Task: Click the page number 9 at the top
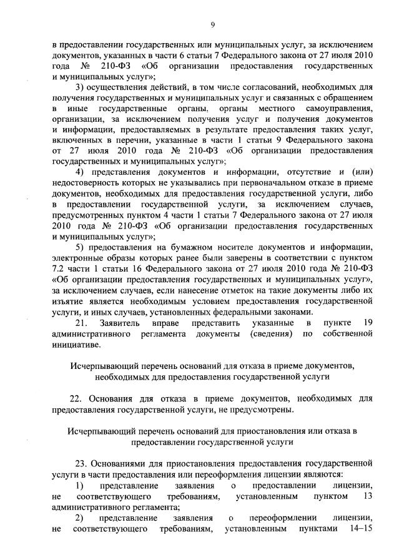point(212,24)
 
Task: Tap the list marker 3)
point(80,86)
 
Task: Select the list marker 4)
point(80,172)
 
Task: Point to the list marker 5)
point(80,247)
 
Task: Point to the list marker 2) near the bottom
point(80,518)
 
